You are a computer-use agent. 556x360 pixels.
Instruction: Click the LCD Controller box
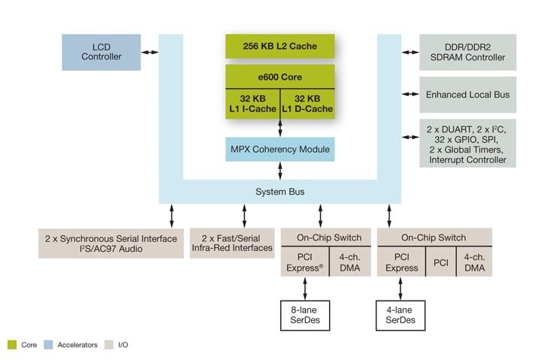point(101,51)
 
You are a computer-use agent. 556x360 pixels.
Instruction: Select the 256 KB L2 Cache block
point(280,47)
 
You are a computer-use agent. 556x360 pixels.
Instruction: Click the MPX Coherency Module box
point(280,149)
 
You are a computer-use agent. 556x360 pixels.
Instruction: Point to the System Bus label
point(280,192)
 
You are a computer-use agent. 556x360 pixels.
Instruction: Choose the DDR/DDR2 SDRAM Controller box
point(467,52)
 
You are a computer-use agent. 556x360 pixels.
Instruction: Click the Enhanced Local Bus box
point(467,95)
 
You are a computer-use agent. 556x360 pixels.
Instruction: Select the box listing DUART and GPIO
point(467,143)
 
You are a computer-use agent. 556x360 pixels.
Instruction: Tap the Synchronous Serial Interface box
point(110,244)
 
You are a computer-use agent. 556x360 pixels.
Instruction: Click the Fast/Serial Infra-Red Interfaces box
point(232,243)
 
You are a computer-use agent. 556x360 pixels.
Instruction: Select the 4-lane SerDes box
point(400,313)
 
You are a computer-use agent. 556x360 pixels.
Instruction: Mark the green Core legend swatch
point(12,345)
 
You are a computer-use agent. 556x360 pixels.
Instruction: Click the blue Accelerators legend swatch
point(50,345)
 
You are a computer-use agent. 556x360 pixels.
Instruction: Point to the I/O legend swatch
point(109,345)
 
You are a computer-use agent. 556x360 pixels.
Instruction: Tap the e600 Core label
point(280,75)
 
